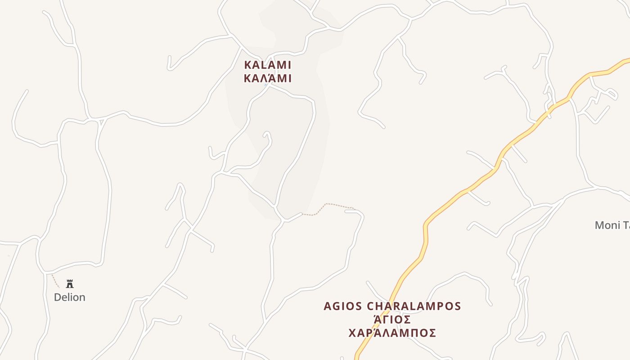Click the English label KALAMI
click(x=267, y=65)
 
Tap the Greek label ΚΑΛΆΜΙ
click(x=267, y=79)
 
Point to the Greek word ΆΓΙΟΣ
click(x=392, y=319)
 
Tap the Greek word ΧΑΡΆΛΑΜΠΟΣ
click(x=392, y=333)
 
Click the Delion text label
click(x=69, y=297)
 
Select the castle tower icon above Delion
click(x=70, y=284)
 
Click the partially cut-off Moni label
click(x=612, y=225)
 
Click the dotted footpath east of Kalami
click(x=333, y=205)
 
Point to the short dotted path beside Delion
click(x=55, y=281)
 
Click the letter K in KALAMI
click(x=248, y=65)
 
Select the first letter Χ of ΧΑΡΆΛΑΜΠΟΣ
click(x=353, y=333)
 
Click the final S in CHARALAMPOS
click(x=458, y=306)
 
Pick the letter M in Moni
click(x=600, y=225)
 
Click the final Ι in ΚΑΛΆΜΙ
click(x=289, y=79)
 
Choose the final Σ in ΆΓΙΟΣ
click(x=407, y=319)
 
